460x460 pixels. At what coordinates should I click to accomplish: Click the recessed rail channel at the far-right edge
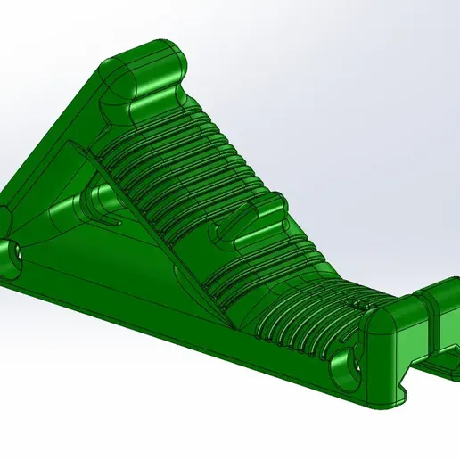click(441, 361)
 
